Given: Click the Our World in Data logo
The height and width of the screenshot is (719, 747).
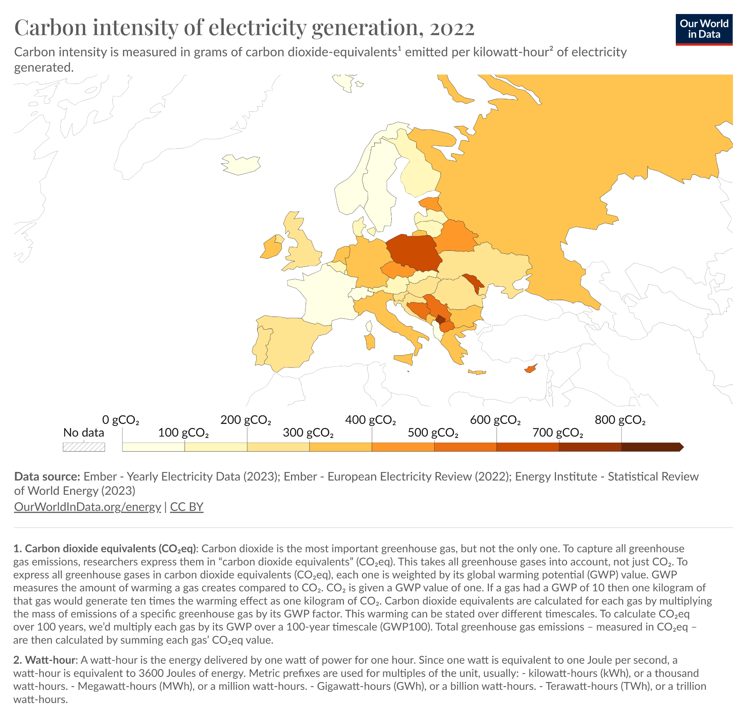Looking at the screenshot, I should point(704,30).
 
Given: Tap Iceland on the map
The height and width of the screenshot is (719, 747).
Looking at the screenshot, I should point(241,165).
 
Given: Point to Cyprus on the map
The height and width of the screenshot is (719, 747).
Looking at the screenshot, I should point(530,368).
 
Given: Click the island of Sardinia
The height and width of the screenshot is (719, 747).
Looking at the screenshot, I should point(370,341).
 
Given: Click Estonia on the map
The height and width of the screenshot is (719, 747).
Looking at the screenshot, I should point(430,204).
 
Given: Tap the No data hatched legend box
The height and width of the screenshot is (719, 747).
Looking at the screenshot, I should point(84,447).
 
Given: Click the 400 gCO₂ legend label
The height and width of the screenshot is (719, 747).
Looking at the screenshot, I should point(370,420).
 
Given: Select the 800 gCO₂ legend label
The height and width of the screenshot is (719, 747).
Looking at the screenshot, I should point(620,420).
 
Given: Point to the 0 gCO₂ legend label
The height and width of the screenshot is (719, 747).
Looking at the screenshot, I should point(121,420).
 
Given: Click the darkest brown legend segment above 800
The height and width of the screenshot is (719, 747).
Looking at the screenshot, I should point(651,447).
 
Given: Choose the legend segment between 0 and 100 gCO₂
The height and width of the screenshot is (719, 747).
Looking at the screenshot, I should point(153,447).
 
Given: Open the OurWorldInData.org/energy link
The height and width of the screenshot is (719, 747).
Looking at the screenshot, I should point(88,506).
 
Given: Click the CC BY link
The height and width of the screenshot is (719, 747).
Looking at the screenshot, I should point(187,506).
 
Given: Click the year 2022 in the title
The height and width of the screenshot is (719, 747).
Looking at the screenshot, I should point(452,28).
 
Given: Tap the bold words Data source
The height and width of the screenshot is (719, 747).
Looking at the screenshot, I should point(47,476).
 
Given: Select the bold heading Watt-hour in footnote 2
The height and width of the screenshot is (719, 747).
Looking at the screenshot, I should point(50,660).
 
